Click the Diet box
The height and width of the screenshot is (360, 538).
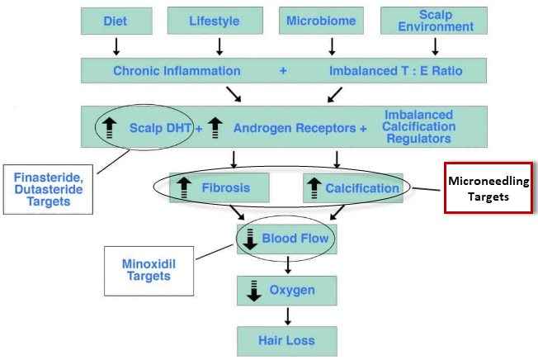tap(115, 20)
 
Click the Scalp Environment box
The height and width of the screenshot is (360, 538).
tap(435, 20)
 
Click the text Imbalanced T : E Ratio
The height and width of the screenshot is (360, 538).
tap(396, 71)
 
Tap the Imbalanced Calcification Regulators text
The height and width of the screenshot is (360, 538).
tap(418, 127)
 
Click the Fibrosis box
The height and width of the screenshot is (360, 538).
tap(220, 187)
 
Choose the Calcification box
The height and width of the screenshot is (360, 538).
tap(353, 187)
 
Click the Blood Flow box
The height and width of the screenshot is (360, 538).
tap(286, 239)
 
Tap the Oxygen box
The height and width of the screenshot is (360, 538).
tap(286, 290)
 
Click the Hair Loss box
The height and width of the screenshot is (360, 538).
tap(286, 339)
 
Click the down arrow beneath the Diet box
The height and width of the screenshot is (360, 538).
tap(116, 45)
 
